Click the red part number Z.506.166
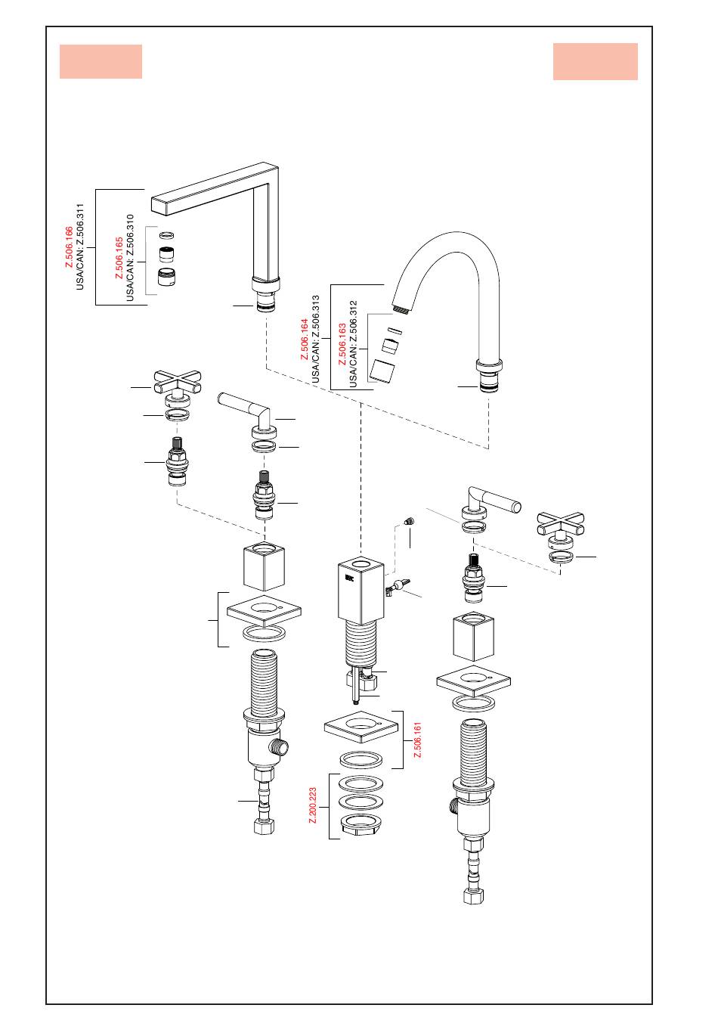tap(70, 247)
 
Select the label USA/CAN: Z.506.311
tap(80, 247)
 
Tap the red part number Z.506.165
tap(119, 258)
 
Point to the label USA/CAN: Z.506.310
tap(130, 258)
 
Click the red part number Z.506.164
tap(305, 339)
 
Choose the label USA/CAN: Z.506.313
tap(316, 339)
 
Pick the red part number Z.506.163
tap(342, 343)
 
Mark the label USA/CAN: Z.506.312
tap(353, 343)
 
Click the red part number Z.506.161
tap(417, 740)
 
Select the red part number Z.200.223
tap(313, 805)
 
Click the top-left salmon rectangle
tap(101, 61)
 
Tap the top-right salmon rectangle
tap(596, 61)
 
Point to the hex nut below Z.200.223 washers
tap(361, 827)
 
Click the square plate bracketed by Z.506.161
tap(361, 727)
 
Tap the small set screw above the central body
tap(409, 521)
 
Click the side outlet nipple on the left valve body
tap(280, 746)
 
